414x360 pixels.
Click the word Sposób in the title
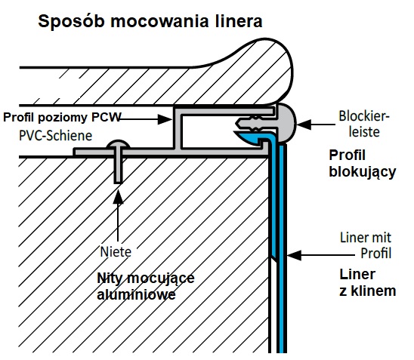(x=71, y=22)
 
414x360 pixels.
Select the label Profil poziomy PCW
(x=62, y=118)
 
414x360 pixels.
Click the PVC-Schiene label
(x=56, y=136)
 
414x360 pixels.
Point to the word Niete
(x=116, y=252)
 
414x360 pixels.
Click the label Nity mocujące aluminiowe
(x=146, y=286)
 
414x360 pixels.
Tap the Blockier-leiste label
(x=364, y=124)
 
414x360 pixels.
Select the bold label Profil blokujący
(x=363, y=164)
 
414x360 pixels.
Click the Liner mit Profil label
(x=366, y=245)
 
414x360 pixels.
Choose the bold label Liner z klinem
(x=367, y=282)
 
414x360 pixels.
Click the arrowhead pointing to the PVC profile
(x=165, y=119)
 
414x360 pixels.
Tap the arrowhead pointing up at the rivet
(x=118, y=196)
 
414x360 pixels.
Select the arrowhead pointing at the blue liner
(x=294, y=255)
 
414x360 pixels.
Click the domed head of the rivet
(x=118, y=144)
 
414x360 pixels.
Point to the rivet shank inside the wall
(x=118, y=169)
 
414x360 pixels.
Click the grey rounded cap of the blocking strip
(x=286, y=122)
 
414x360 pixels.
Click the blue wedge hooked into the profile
(x=248, y=137)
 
